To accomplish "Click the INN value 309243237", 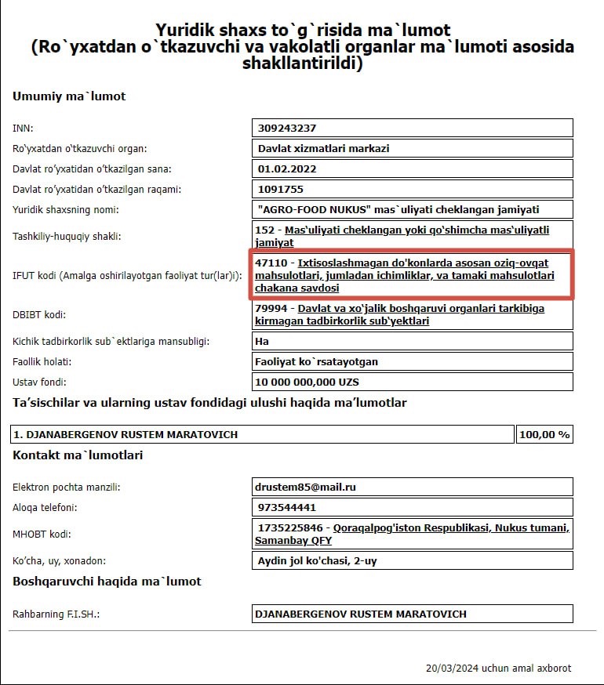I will click(286, 128).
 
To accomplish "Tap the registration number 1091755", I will click(280, 189).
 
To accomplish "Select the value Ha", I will click(262, 342).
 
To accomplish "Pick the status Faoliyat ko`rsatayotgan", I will click(316, 362).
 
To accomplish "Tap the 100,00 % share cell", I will click(544, 434).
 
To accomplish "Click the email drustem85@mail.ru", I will click(307, 487).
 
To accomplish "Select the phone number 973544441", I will click(286, 507).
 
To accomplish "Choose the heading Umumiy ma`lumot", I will click(69, 96).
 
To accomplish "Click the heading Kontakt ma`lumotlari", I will click(78, 455).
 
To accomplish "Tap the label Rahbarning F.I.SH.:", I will click(56, 614).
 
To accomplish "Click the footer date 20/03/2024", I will click(450, 669).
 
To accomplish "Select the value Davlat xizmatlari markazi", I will click(323, 148).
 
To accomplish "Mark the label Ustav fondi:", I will click(39, 382).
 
